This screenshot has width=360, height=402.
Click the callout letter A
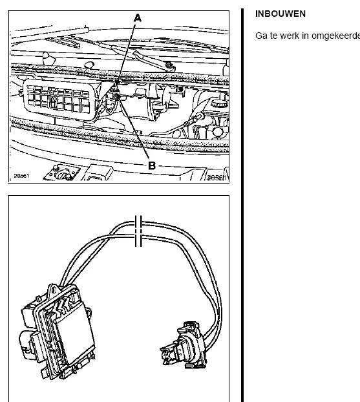[138, 18]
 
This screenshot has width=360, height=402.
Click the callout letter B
[152, 165]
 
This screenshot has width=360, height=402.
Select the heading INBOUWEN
[281, 14]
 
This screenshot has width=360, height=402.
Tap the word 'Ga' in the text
[261, 36]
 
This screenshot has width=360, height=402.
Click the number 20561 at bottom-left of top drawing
[21, 176]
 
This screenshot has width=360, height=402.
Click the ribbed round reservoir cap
[219, 103]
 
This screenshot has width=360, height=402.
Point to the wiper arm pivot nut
[169, 65]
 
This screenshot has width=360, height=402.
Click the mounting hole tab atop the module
[54, 290]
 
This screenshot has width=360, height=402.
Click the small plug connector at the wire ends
[184, 345]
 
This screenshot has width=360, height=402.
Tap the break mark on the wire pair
[138, 231]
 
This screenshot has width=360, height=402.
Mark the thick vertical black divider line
[242, 205]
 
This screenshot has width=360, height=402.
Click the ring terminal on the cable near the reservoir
[200, 117]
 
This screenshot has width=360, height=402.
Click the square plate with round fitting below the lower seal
[61, 173]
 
